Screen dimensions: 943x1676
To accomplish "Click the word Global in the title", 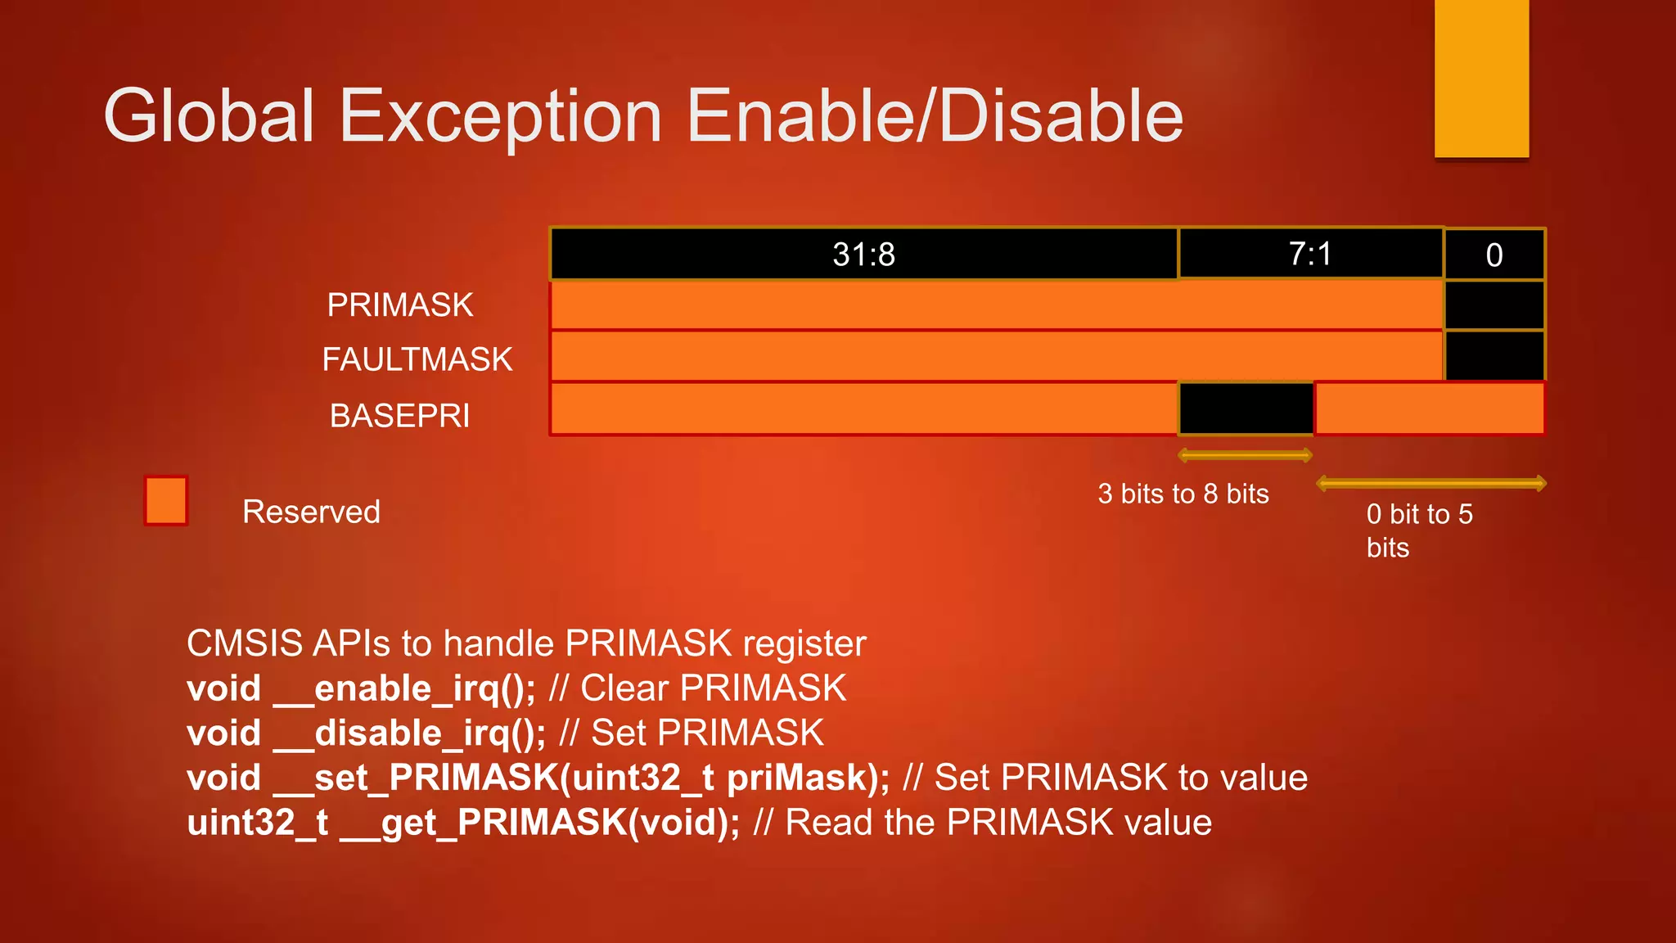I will click(209, 117).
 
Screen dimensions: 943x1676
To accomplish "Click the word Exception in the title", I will click(500, 117).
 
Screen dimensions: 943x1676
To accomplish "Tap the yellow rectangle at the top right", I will click(1481, 78).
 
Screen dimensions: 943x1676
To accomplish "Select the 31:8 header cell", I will click(863, 255).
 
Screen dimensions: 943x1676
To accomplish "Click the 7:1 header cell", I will click(1310, 254).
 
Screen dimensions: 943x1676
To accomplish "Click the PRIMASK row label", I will click(399, 305).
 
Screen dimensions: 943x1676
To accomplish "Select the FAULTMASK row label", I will click(417, 360).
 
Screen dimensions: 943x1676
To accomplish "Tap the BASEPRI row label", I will click(399, 416).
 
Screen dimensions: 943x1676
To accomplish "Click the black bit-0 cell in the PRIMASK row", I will click(1494, 305).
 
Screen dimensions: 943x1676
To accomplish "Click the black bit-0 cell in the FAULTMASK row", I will click(1494, 356).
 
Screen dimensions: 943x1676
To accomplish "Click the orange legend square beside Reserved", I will click(166, 501).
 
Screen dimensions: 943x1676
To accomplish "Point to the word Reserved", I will click(311, 512).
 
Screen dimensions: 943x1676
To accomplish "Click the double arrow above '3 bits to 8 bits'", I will click(1245, 455).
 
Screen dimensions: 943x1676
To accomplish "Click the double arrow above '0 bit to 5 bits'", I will click(1430, 484).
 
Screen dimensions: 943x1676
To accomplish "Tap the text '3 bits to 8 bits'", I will click(1183, 494).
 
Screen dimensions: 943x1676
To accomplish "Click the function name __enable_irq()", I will click(403, 688).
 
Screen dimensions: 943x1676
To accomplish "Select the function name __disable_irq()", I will click(409, 733).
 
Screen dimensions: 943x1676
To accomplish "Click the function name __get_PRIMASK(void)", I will click(540, 823).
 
